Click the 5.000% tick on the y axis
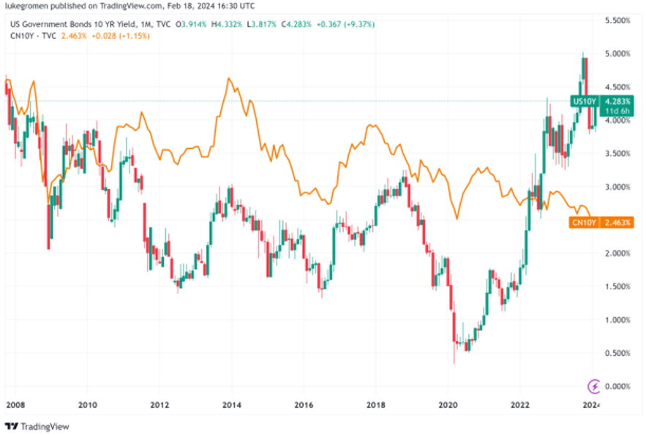617,53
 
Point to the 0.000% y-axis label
617,386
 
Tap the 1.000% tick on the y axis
617,319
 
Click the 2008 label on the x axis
15,404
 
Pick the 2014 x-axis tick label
232,404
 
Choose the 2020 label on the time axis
448,404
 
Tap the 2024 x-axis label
591,404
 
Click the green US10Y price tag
585,100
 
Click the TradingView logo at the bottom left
33,426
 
